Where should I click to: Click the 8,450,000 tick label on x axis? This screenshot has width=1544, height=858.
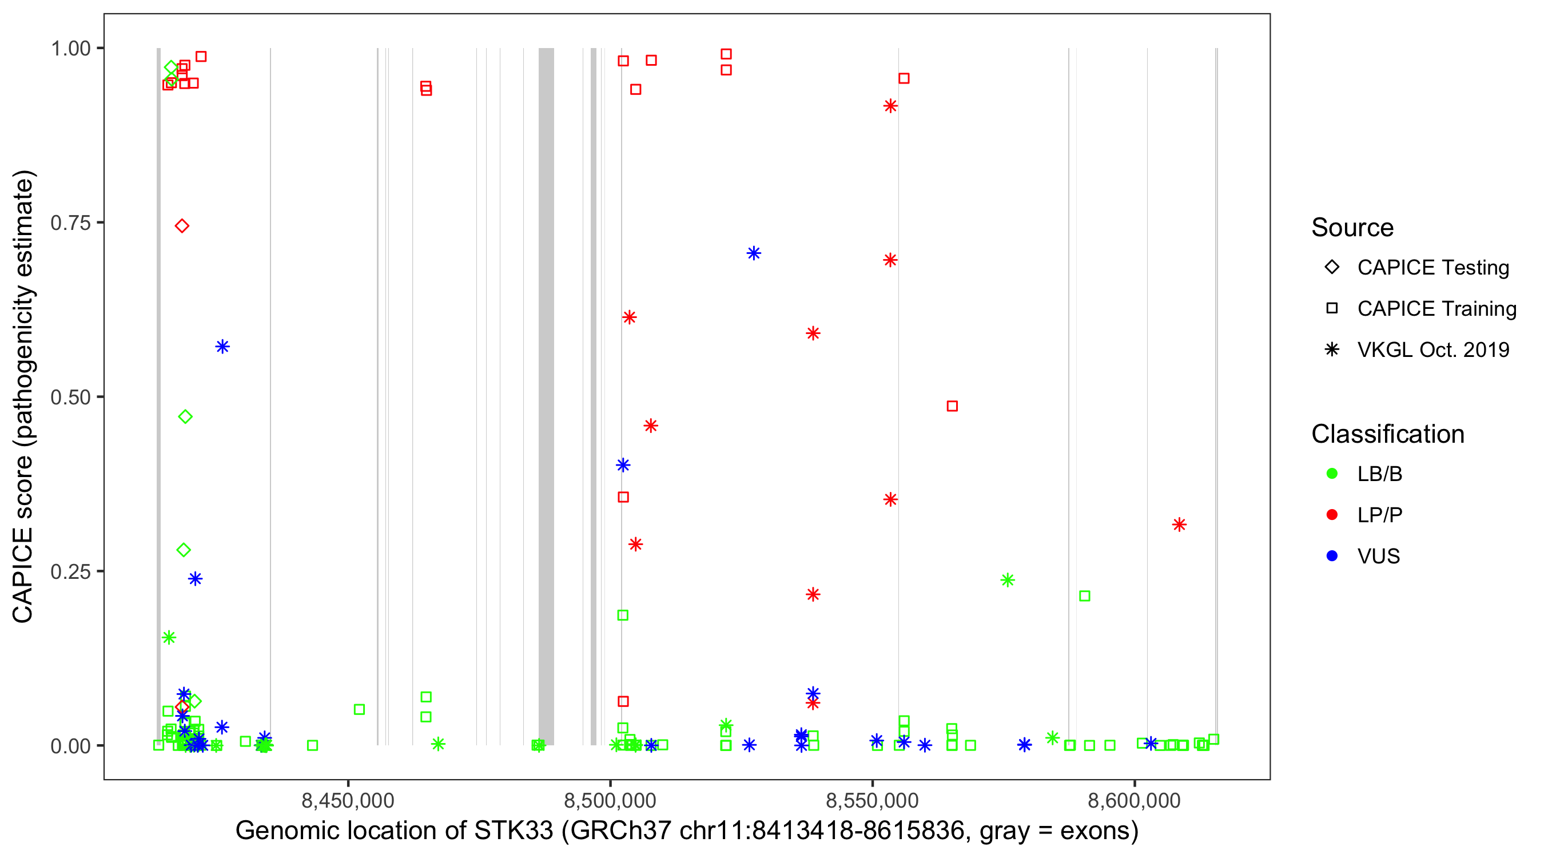pyautogui.click(x=348, y=800)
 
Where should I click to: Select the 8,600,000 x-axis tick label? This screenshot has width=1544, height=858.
pyautogui.click(x=1134, y=800)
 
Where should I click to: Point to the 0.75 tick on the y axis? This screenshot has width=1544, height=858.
pyautogui.click(x=70, y=223)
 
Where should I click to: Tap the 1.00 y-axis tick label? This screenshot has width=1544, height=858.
pyautogui.click(x=70, y=49)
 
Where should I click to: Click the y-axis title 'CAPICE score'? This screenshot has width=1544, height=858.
pyautogui.click(x=24, y=396)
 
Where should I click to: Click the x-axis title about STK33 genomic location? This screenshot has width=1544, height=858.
pyautogui.click(x=686, y=831)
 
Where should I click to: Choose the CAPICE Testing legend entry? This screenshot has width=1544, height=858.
pyautogui.click(x=1432, y=268)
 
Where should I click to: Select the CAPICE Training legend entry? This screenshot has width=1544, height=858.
pyautogui.click(x=1436, y=309)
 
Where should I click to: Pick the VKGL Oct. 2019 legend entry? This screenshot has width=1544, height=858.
pyautogui.click(x=1432, y=350)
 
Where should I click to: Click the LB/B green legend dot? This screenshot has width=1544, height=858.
pyautogui.click(x=1332, y=474)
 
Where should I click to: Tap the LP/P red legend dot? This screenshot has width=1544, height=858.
pyautogui.click(x=1332, y=515)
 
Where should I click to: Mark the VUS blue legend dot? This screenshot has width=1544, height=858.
pyautogui.click(x=1332, y=557)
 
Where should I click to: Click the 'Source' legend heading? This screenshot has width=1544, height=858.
pyautogui.click(x=1352, y=228)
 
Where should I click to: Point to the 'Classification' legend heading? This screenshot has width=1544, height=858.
pyautogui.click(x=1387, y=434)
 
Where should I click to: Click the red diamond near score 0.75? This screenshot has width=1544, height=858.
pyautogui.click(x=182, y=226)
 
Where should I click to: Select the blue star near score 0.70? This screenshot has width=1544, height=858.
pyautogui.click(x=754, y=253)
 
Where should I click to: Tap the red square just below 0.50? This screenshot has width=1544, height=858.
pyautogui.click(x=952, y=407)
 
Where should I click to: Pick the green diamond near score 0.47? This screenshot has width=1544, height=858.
pyautogui.click(x=185, y=417)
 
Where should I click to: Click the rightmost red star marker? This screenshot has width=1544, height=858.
pyautogui.click(x=1179, y=525)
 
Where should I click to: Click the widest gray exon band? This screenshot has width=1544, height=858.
pyautogui.click(x=546, y=396)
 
